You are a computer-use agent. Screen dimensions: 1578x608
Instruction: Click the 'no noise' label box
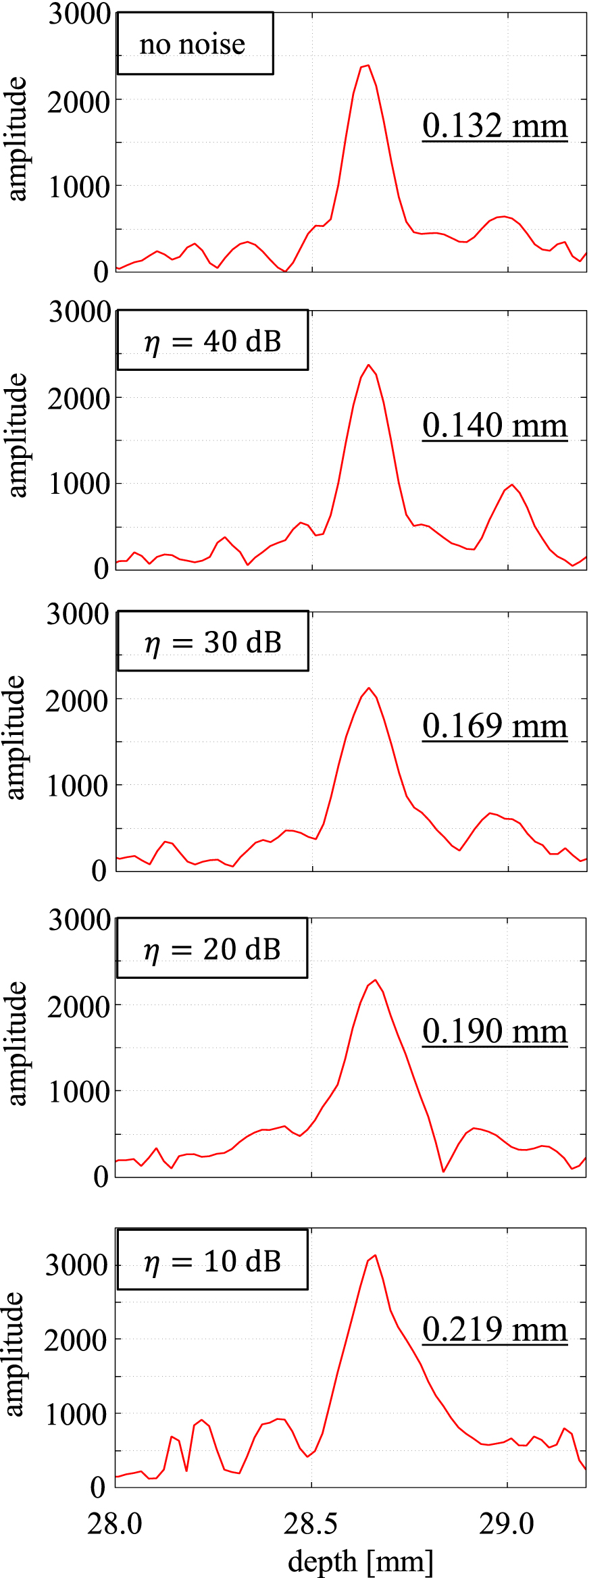point(195,44)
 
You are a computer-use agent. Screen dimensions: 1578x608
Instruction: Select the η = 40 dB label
point(212,340)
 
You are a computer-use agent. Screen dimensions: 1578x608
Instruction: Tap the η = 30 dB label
point(212,642)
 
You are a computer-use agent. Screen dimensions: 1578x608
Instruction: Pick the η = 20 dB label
point(211,948)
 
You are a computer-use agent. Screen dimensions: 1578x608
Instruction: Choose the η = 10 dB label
point(211,1261)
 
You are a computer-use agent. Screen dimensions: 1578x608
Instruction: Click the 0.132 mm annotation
point(495,126)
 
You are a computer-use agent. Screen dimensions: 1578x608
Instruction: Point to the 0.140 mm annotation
point(495,426)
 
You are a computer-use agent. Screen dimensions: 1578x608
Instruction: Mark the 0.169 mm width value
point(495,726)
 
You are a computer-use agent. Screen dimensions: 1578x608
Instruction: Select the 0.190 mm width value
point(495,1032)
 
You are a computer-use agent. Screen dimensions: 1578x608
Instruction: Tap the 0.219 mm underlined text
point(495,1329)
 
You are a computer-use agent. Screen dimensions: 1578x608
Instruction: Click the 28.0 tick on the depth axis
point(115,1523)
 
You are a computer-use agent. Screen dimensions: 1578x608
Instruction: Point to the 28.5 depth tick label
point(311,1523)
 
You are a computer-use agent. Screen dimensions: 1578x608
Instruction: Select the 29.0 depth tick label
point(507,1523)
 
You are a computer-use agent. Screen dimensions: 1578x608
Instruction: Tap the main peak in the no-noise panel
point(368,66)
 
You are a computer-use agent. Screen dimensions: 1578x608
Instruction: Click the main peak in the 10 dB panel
point(375,1256)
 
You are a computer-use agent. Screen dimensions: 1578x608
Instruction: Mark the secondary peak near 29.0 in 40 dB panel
point(513,484)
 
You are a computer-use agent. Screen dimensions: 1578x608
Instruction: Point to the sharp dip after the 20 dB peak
point(443,1171)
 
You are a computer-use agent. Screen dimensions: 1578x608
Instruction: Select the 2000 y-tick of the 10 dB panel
point(76,1340)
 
